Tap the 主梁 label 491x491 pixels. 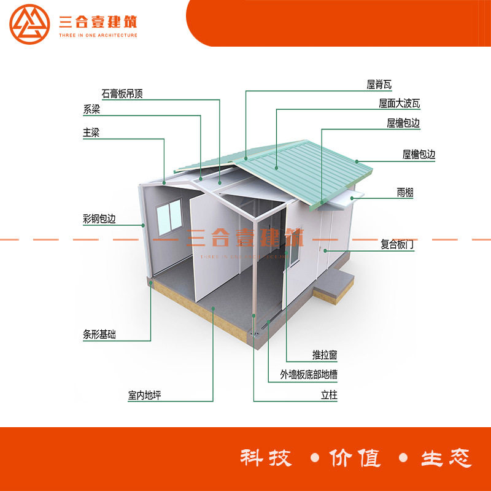(x=91, y=133)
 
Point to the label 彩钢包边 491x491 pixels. (x=99, y=218)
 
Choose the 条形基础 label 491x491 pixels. (x=99, y=335)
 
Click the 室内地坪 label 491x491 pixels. (x=145, y=395)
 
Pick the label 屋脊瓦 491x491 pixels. (x=379, y=85)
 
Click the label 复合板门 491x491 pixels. (x=398, y=244)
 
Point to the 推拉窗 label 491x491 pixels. (x=325, y=355)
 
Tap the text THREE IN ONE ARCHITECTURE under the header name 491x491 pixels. (x=98, y=36)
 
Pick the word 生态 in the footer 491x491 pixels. (x=446, y=458)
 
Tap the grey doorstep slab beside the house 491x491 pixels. (x=335, y=284)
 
